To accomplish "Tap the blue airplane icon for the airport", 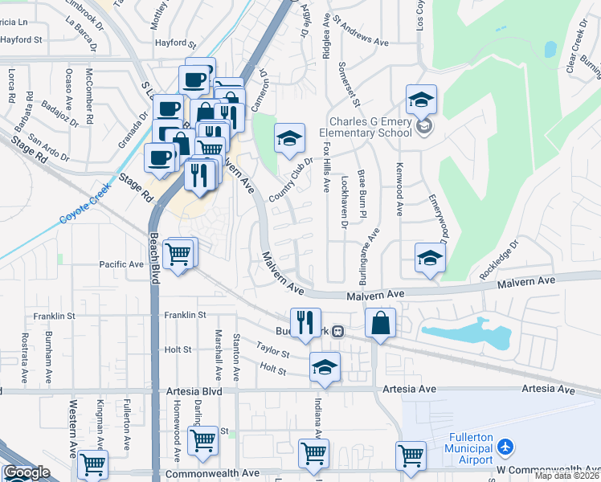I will tap(505, 445).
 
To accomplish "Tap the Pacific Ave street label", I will tap(121, 263).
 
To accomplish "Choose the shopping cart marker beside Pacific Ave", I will tap(178, 255).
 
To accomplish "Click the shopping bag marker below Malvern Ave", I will tap(380, 324).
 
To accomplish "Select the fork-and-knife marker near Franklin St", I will tap(305, 323).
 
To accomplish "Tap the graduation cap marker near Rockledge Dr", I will tap(430, 258).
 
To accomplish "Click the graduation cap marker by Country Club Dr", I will tap(289, 138).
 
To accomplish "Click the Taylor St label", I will tap(273, 351).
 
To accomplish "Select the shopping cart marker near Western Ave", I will tap(94, 464).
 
